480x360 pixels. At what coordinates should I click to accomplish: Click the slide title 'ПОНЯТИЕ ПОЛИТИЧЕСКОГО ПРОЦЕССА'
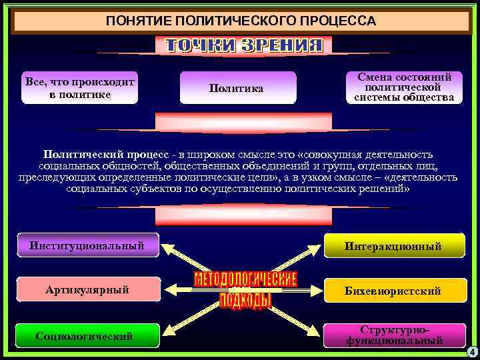pyautogui.click(x=241, y=21)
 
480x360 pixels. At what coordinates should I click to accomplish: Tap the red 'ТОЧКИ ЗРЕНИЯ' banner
pyautogui.click(x=244, y=45)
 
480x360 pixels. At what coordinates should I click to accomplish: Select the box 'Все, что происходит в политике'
pyautogui.click(x=79, y=88)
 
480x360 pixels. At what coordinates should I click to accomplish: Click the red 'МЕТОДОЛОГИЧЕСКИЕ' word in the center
pyautogui.click(x=245, y=279)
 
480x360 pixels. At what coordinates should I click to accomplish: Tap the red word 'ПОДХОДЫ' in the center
pyautogui.click(x=245, y=301)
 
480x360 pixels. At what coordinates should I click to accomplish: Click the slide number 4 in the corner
pyautogui.click(x=471, y=351)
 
